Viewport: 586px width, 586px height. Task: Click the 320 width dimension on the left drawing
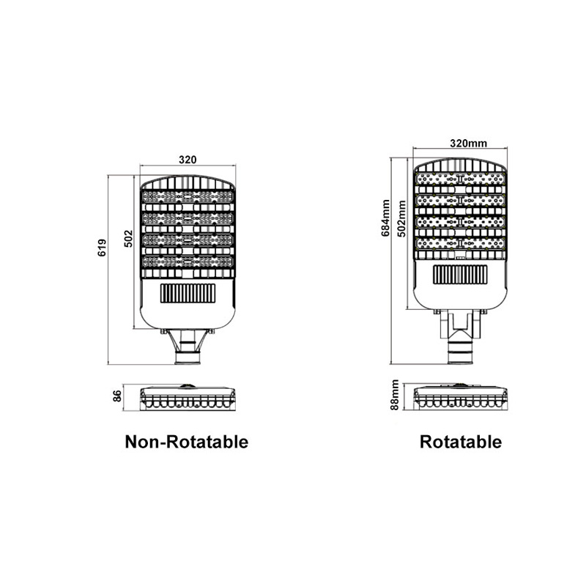click(188, 160)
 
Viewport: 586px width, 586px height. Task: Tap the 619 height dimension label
click(102, 248)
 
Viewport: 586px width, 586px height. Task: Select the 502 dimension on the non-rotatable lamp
click(129, 239)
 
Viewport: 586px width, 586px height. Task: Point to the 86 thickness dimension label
click(117, 396)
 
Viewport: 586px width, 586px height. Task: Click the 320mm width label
click(468, 144)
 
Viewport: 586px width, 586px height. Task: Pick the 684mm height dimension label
click(386, 218)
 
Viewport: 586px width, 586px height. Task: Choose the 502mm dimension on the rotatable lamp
click(401, 218)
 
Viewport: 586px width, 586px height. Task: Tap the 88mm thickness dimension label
click(395, 395)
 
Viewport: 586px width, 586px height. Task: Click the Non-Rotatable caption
click(187, 442)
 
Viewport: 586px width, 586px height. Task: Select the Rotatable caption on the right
click(461, 442)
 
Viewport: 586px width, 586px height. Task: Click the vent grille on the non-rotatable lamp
click(188, 294)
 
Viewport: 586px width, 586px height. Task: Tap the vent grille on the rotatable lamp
click(461, 275)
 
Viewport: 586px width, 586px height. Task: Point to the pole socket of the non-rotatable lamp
click(188, 357)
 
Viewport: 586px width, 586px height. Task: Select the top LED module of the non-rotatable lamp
click(188, 196)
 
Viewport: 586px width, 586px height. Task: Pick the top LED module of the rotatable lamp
click(461, 179)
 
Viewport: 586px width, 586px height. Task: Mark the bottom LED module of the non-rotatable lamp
click(188, 262)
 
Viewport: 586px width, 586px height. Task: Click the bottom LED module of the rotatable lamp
click(461, 244)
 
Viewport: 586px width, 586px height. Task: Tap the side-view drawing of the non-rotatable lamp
click(188, 398)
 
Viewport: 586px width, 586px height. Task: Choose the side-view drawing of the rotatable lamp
click(461, 396)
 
